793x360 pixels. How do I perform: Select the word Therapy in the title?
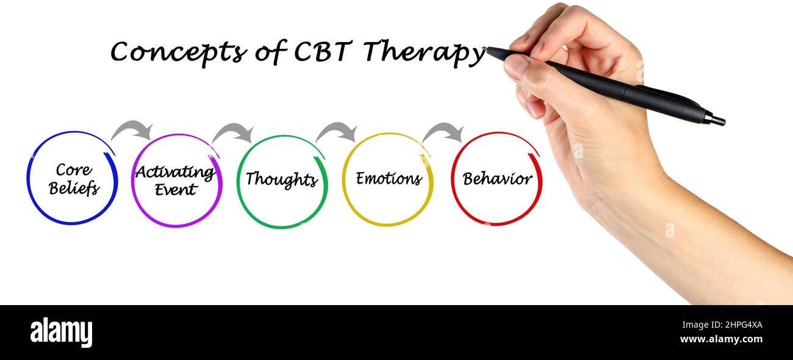point(423,53)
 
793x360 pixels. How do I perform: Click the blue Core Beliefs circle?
point(73,178)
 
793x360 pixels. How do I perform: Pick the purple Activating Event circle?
point(176,180)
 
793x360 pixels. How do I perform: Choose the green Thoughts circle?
point(282,181)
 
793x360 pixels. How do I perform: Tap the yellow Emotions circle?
point(388,179)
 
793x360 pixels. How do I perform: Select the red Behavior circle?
point(497,179)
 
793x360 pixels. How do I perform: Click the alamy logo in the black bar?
point(61,333)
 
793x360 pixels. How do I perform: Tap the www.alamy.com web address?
point(721,340)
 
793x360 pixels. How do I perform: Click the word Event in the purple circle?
point(176,190)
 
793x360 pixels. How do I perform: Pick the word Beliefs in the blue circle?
point(74,189)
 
